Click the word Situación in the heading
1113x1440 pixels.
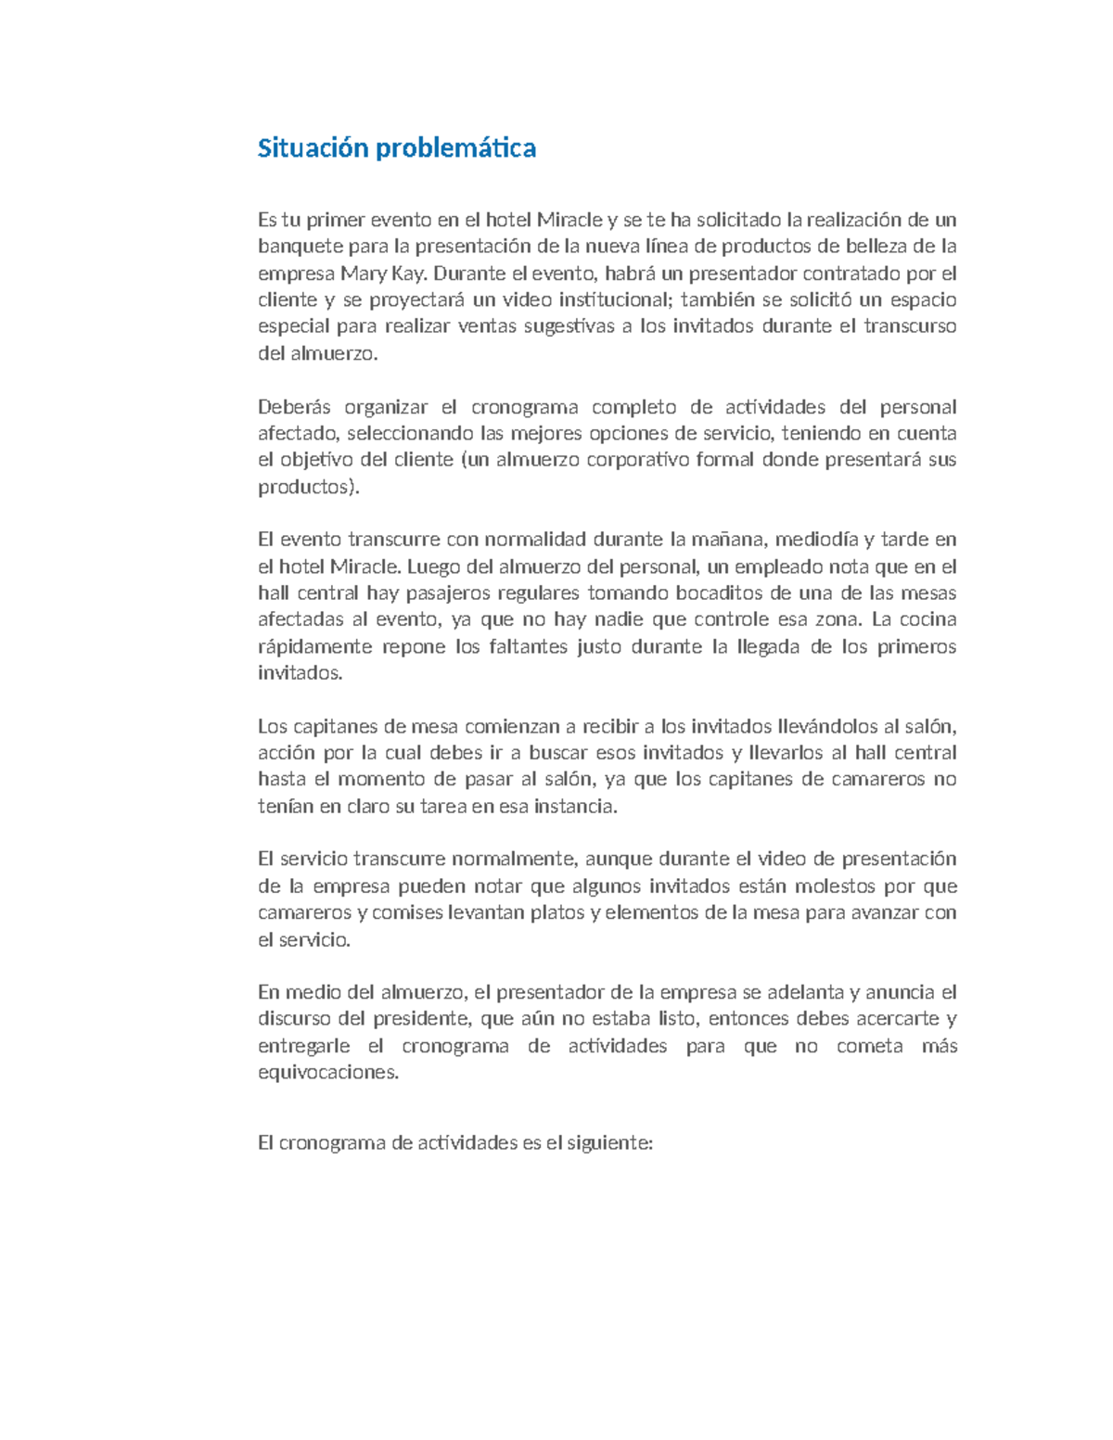point(313,148)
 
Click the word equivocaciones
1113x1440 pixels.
point(327,1073)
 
